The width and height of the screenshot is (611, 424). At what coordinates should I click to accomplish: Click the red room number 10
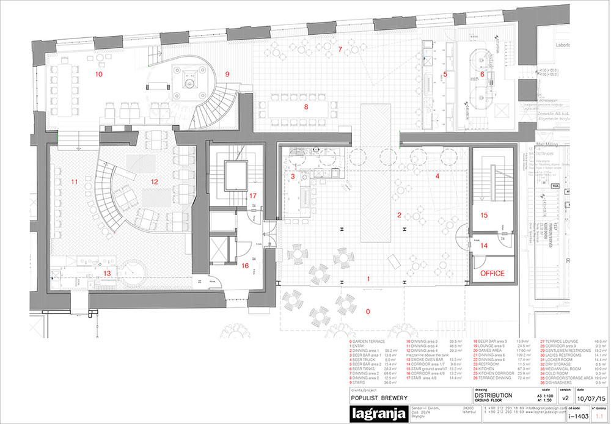tap(98, 74)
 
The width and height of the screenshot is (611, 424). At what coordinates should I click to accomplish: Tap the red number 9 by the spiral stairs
tap(227, 74)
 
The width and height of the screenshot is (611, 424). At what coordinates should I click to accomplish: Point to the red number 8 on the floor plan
tap(306, 107)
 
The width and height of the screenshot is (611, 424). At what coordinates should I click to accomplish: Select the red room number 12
tap(155, 181)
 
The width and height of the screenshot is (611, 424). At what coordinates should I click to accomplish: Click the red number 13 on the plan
tap(108, 273)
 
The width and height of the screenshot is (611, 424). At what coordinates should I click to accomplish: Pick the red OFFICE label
tap(492, 273)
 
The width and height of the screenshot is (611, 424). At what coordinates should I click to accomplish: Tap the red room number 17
tap(252, 196)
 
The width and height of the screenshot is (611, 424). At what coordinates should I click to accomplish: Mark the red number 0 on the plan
tap(367, 311)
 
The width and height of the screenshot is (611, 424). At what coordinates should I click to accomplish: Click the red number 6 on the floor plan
tap(482, 74)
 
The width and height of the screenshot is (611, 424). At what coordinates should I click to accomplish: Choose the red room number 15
tap(484, 215)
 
